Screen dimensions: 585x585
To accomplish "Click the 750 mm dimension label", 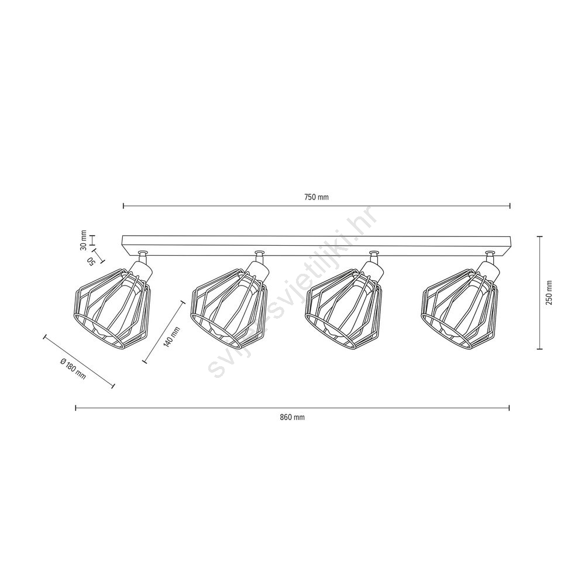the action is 316,197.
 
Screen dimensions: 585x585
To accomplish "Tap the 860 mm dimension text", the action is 292,417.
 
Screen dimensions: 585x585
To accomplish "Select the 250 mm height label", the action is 549,292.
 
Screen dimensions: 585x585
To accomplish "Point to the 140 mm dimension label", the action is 171,337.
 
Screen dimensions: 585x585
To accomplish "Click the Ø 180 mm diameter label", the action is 73,369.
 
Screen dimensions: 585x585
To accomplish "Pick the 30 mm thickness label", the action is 83,240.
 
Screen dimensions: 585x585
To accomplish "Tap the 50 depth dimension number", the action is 90,261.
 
